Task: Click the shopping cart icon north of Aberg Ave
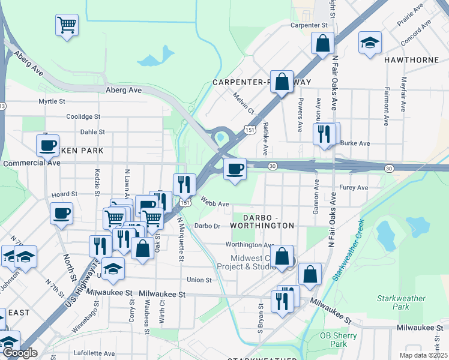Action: [x=67, y=26]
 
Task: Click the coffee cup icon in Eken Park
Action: [x=47, y=145]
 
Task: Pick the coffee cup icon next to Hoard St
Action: [x=60, y=213]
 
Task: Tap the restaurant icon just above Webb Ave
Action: [x=184, y=184]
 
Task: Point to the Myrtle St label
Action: [x=52, y=102]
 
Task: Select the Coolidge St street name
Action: [x=83, y=117]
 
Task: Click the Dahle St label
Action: [x=92, y=132]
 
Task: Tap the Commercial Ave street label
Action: [x=32, y=163]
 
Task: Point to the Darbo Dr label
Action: [x=208, y=226]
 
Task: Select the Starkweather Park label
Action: [x=401, y=302]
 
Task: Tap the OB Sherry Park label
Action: [x=333, y=340]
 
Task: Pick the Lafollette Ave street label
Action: [x=94, y=354]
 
